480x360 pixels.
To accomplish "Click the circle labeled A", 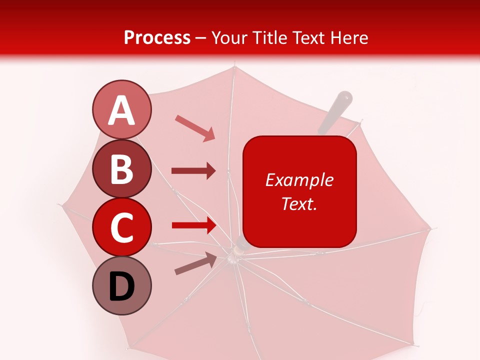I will (x=122, y=109).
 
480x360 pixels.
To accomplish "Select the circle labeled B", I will (x=122, y=168).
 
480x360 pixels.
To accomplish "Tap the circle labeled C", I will (x=122, y=227).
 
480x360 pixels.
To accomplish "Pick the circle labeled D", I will (x=122, y=285).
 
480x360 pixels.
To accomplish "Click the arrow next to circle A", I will (x=195, y=127).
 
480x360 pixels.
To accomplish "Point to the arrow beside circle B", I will (x=193, y=171).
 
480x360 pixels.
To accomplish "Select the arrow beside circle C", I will (x=193, y=225).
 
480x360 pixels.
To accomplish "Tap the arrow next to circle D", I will (x=195, y=263).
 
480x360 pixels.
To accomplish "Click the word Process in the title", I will (x=157, y=37).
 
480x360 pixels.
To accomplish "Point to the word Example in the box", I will (x=299, y=180).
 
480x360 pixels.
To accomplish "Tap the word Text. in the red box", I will (x=299, y=203).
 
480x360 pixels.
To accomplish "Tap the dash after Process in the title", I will (x=201, y=38).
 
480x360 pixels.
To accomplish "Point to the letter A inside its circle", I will (x=122, y=110).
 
